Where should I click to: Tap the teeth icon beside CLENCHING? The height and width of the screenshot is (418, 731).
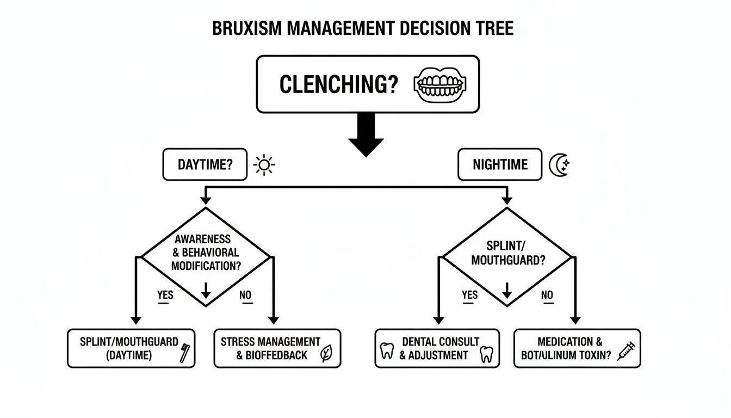pos(441,85)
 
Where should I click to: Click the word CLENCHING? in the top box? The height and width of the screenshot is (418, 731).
pos(338,85)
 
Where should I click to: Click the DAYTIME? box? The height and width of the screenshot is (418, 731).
pos(205,164)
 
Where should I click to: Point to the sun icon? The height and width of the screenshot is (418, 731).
pos(264,164)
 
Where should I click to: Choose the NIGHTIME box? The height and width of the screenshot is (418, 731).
pos(499,164)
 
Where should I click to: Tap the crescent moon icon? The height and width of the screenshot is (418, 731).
pos(559,164)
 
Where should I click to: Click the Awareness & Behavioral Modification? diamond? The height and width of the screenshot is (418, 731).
pos(206,253)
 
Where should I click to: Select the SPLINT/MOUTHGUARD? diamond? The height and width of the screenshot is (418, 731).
pos(507,253)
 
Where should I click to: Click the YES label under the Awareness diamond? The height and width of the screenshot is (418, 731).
pos(165,295)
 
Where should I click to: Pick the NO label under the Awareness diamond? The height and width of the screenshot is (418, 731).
pos(246,295)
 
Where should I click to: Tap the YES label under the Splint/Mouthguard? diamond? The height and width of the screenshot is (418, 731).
pos(469,295)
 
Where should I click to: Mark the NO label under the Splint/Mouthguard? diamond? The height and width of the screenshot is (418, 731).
pos(547,295)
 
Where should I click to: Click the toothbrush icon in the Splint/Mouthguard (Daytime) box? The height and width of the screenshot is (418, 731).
pos(184,353)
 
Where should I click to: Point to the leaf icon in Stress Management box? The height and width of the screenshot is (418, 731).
pos(326,354)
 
